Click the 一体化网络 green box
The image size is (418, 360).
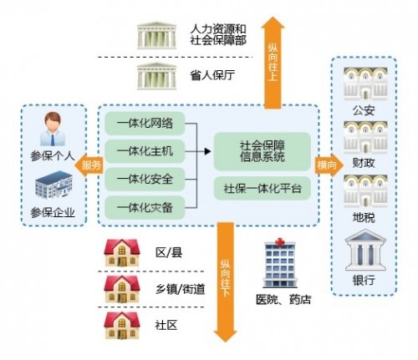[x=145, y=124]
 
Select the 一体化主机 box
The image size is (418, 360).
[x=145, y=151]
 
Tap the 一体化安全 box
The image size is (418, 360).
[x=145, y=180]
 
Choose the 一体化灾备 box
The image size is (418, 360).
[x=145, y=207]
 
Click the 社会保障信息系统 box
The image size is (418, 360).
[x=263, y=151]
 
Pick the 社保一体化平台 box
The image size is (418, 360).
[x=263, y=189]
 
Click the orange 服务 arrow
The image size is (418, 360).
[x=89, y=165]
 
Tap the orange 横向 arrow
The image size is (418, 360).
[x=329, y=165]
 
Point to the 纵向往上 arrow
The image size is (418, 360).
[x=273, y=63]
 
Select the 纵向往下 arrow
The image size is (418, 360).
[x=225, y=281]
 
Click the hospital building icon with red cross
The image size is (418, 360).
[x=280, y=263]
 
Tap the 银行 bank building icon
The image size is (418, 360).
[x=365, y=250]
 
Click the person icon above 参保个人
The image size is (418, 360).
[x=53, y=129]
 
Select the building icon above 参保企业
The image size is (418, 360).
[x=54, y=185]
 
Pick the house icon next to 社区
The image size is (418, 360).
[x=122, y=325]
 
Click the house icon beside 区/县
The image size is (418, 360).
[x=122, y=253]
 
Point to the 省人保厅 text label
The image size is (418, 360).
[x=212, y=75]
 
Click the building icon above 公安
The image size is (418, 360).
[x=365, y=84]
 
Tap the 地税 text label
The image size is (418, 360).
[x=364, y=217]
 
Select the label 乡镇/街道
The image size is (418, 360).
[x=181, y=289]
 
